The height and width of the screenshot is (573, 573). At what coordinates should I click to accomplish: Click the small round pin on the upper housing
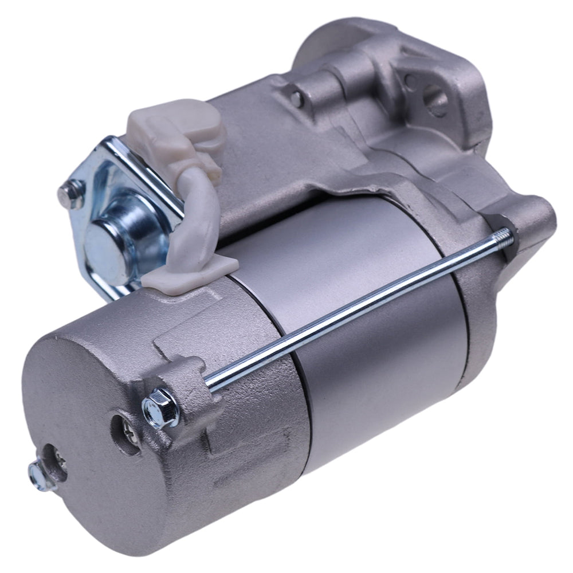[x=297, y=98]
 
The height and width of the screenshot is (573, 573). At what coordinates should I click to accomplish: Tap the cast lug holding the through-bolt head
[x=189, y=384]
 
